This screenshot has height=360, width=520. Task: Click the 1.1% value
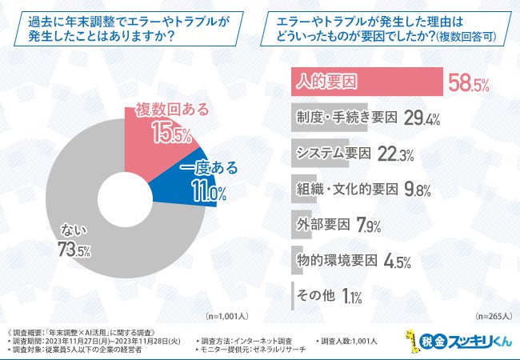point(351,297)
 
